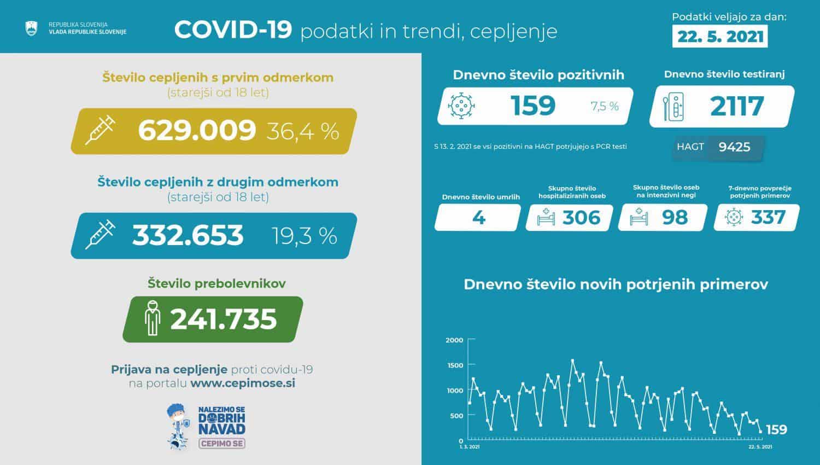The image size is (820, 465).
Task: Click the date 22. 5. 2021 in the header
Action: (719, 37)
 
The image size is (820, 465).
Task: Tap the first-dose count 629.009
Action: (197, 130)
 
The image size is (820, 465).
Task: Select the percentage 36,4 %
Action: (303, 131)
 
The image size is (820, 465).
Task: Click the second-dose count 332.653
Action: (188, 235)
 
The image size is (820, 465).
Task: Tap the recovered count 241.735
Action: (224, 319)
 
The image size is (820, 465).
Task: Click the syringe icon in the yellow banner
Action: (100, 130)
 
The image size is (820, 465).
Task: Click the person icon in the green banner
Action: (153, 318)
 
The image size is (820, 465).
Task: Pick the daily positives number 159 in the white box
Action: (533, 106)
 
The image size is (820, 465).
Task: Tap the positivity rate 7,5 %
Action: (605, 106)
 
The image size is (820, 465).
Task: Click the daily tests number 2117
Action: (737, 106)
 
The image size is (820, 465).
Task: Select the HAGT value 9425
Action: (734, 147)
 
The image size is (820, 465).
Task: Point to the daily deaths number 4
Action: (478, 218)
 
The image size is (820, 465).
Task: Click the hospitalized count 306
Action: (581, 218)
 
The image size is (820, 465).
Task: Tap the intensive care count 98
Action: (675, 218)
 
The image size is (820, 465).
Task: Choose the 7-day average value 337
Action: (768, 218)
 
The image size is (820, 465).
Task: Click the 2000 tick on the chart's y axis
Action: (454, 340)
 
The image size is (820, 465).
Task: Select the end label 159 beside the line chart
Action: (776, 429)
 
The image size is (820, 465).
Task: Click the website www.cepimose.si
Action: (243, 383)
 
